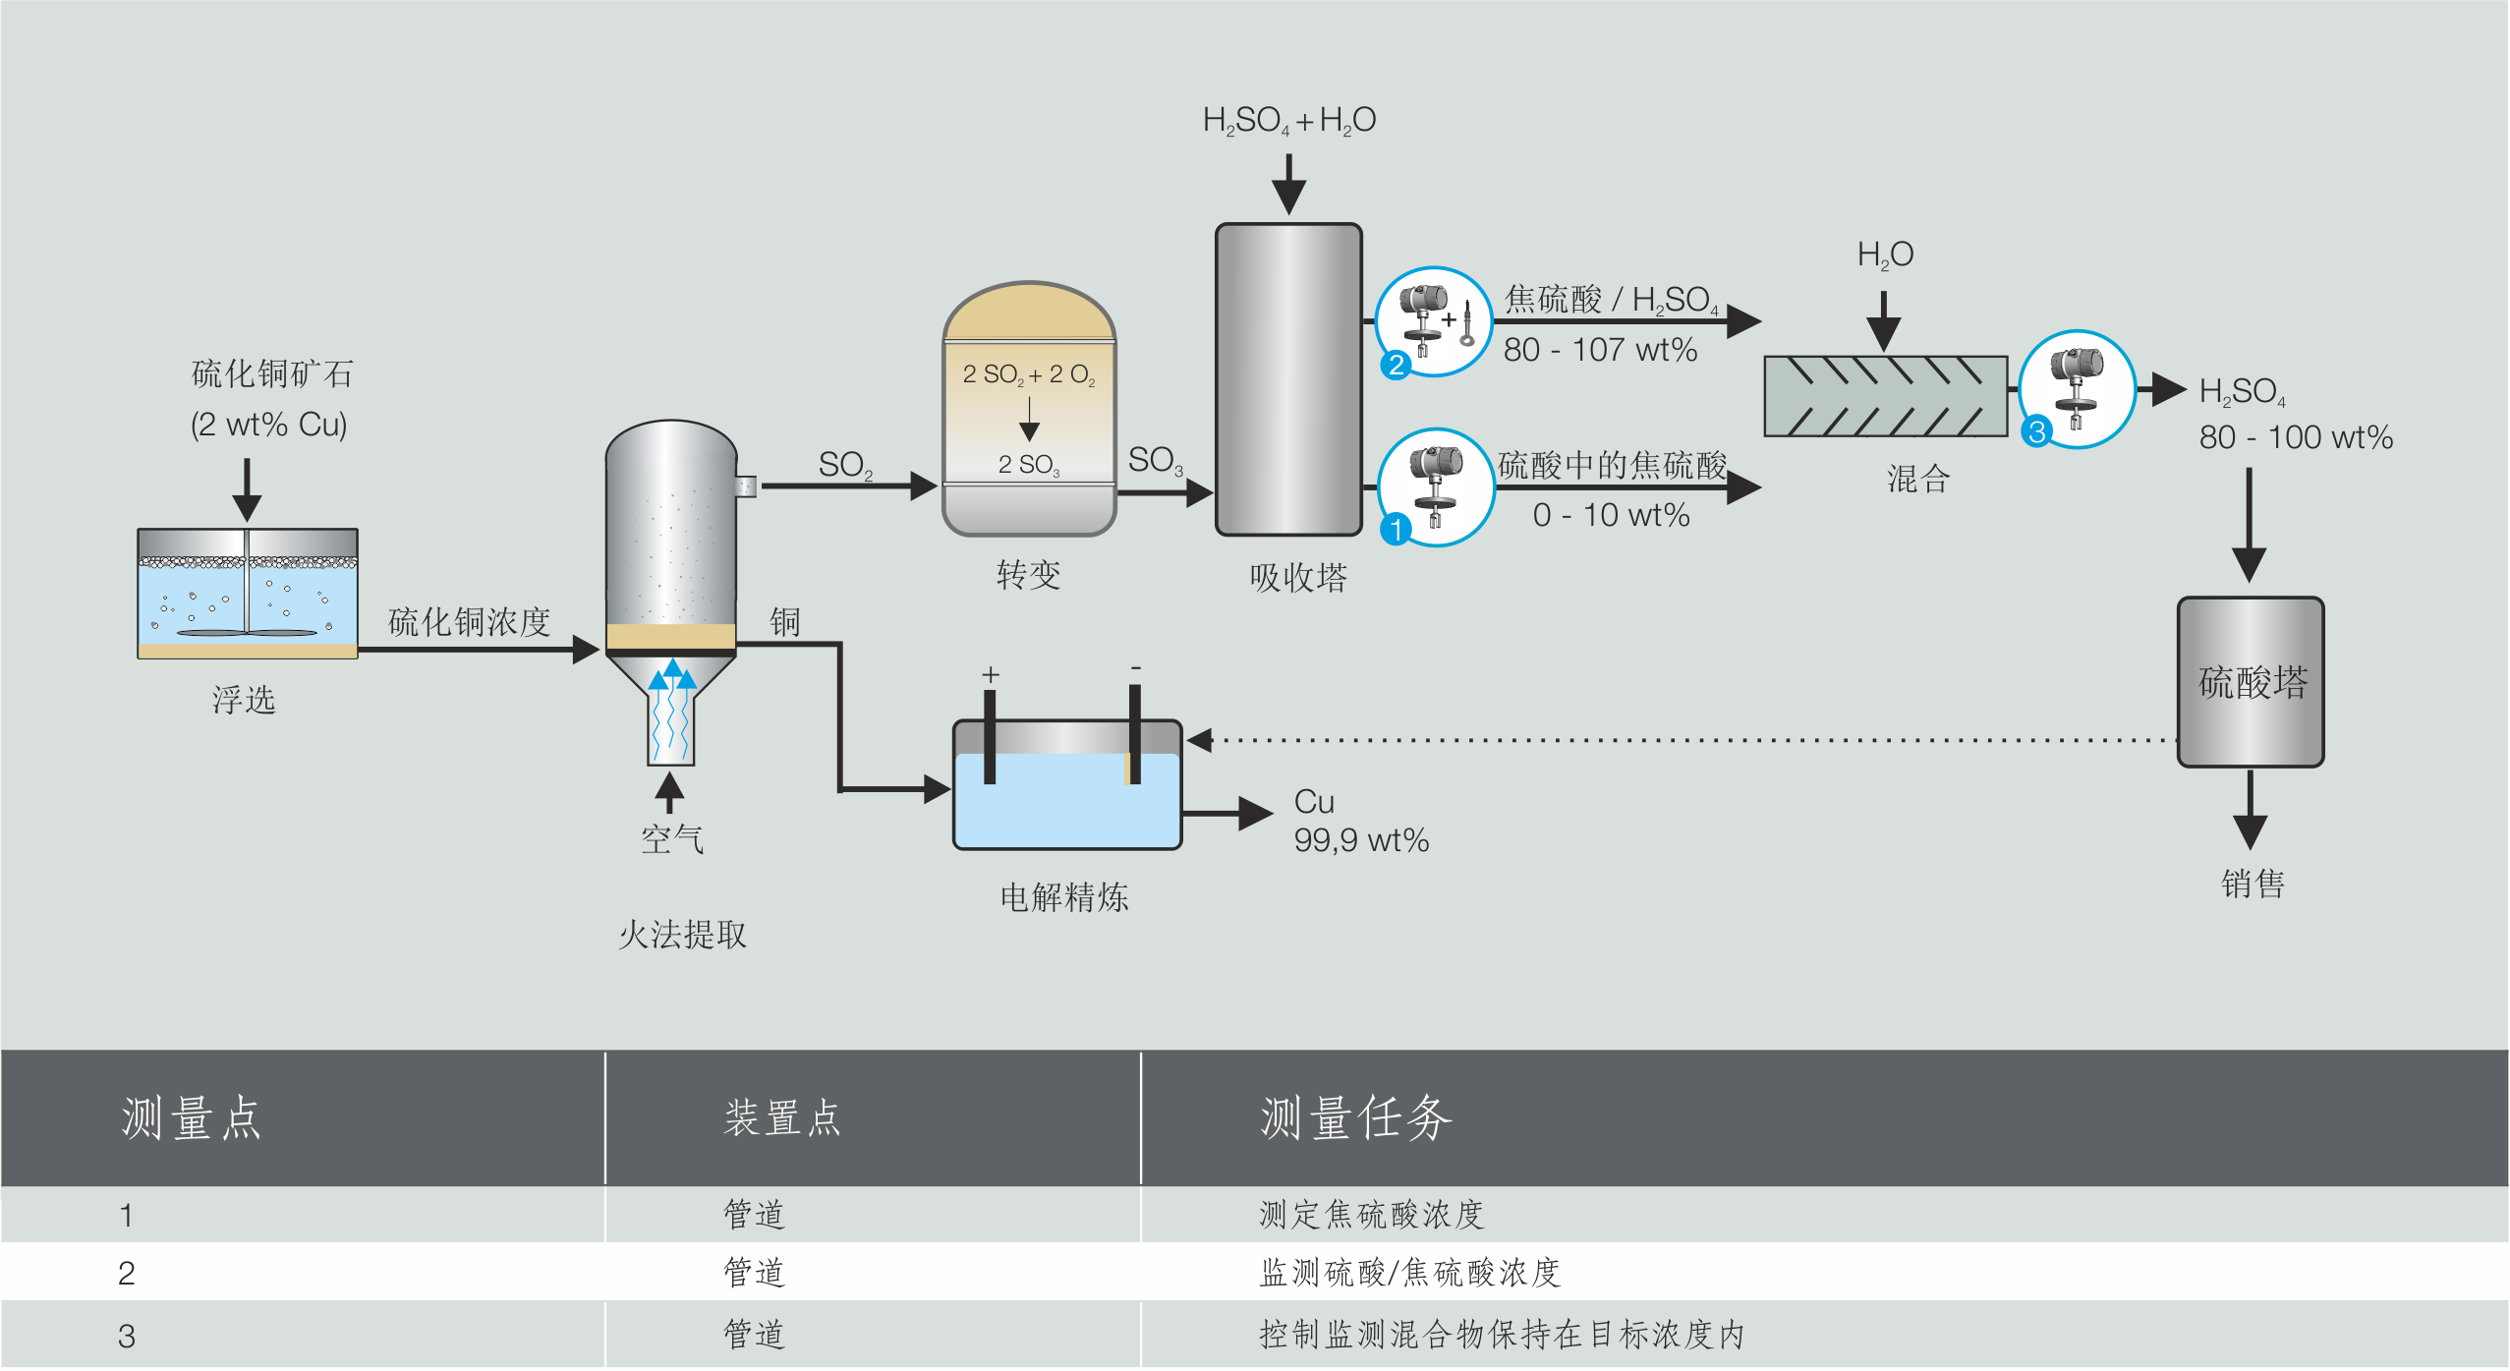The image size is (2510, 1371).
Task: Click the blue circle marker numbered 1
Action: pyautogui.click(x=1396, y=530)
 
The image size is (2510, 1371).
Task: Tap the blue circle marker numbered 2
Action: pyautogui.click(x=1396, y=366)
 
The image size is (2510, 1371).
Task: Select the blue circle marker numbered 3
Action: pyautogui.click(x=2037, y=430)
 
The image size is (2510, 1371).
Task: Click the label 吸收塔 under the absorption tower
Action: pyautogui.click(x=1298, y=578)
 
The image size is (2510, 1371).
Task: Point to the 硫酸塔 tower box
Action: pyautogui.click(x=2251, y=682)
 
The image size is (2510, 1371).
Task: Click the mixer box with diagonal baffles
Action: pyautogui.click(x=1885, y=396)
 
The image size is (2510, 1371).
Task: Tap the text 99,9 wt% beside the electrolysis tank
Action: pyautogui.click(x=1361, y=840)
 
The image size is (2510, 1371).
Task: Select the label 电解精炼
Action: pyautogui.click(x=1064, y=897)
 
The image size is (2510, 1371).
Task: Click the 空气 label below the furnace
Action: pyautogui.click(x=672, y=839)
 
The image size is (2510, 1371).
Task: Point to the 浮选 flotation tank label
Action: pyautogui.click(x=244, y=700)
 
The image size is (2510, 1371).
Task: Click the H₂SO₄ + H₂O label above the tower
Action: pyautogui.click(x=1288, y=121)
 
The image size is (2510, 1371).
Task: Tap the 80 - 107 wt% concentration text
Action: pyautogui.click(x=1600, y=350)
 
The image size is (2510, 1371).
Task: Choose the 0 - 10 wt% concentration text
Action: pyautogui.click(x=1611, y=515)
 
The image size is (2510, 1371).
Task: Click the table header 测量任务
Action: pyautogui.click(x=1356, y=1118)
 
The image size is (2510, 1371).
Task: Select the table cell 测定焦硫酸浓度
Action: pyautogui.click(x=1371, y=1215)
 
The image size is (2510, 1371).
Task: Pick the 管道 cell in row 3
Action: pyautogui.click(x=755, y=1334)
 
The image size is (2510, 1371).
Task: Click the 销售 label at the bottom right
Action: pyautogui.click(x=2253, y=884)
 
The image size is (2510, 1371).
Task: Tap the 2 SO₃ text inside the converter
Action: pyautogui.click(x=1029, y=465)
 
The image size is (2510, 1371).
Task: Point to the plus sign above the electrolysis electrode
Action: pyautogui.click(x=991, y=675)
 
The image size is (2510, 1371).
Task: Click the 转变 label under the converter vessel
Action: pyautogui.click(x=1029, y=575)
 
